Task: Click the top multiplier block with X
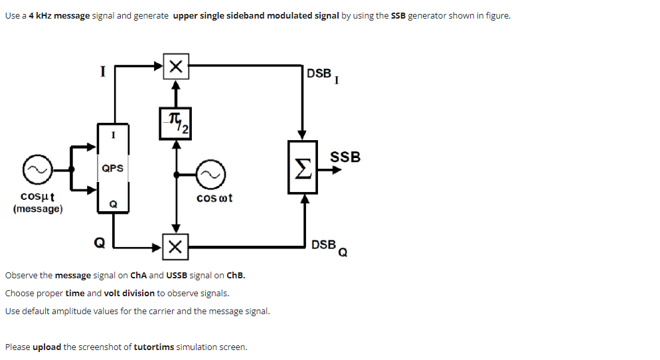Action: click(175, 66)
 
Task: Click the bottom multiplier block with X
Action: click(175, 247)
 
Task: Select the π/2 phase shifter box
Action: click(175, 123)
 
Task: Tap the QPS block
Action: click(113, 168)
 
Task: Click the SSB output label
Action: click(345, 157)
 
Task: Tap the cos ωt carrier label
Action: click(214, 198)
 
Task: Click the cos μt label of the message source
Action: click(38, 197)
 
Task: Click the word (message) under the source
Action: click(38, 209)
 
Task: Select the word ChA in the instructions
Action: click(137, 275)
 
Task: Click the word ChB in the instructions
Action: click(236, 275)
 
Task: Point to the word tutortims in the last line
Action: click(154, 347)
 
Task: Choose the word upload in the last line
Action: click(46, 347)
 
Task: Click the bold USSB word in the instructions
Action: click(177, 275)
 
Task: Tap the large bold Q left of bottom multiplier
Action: click(99, 243)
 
